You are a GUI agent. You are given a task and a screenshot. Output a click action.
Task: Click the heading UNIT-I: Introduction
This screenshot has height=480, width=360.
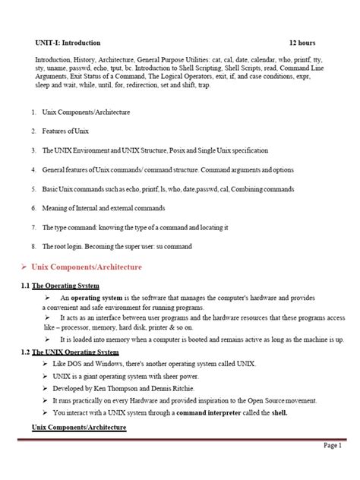coord(68,43)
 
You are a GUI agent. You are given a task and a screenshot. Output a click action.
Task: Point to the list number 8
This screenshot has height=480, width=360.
coord(33,245)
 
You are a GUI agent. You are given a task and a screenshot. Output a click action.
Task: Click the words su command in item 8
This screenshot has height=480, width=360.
coord(175,245)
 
